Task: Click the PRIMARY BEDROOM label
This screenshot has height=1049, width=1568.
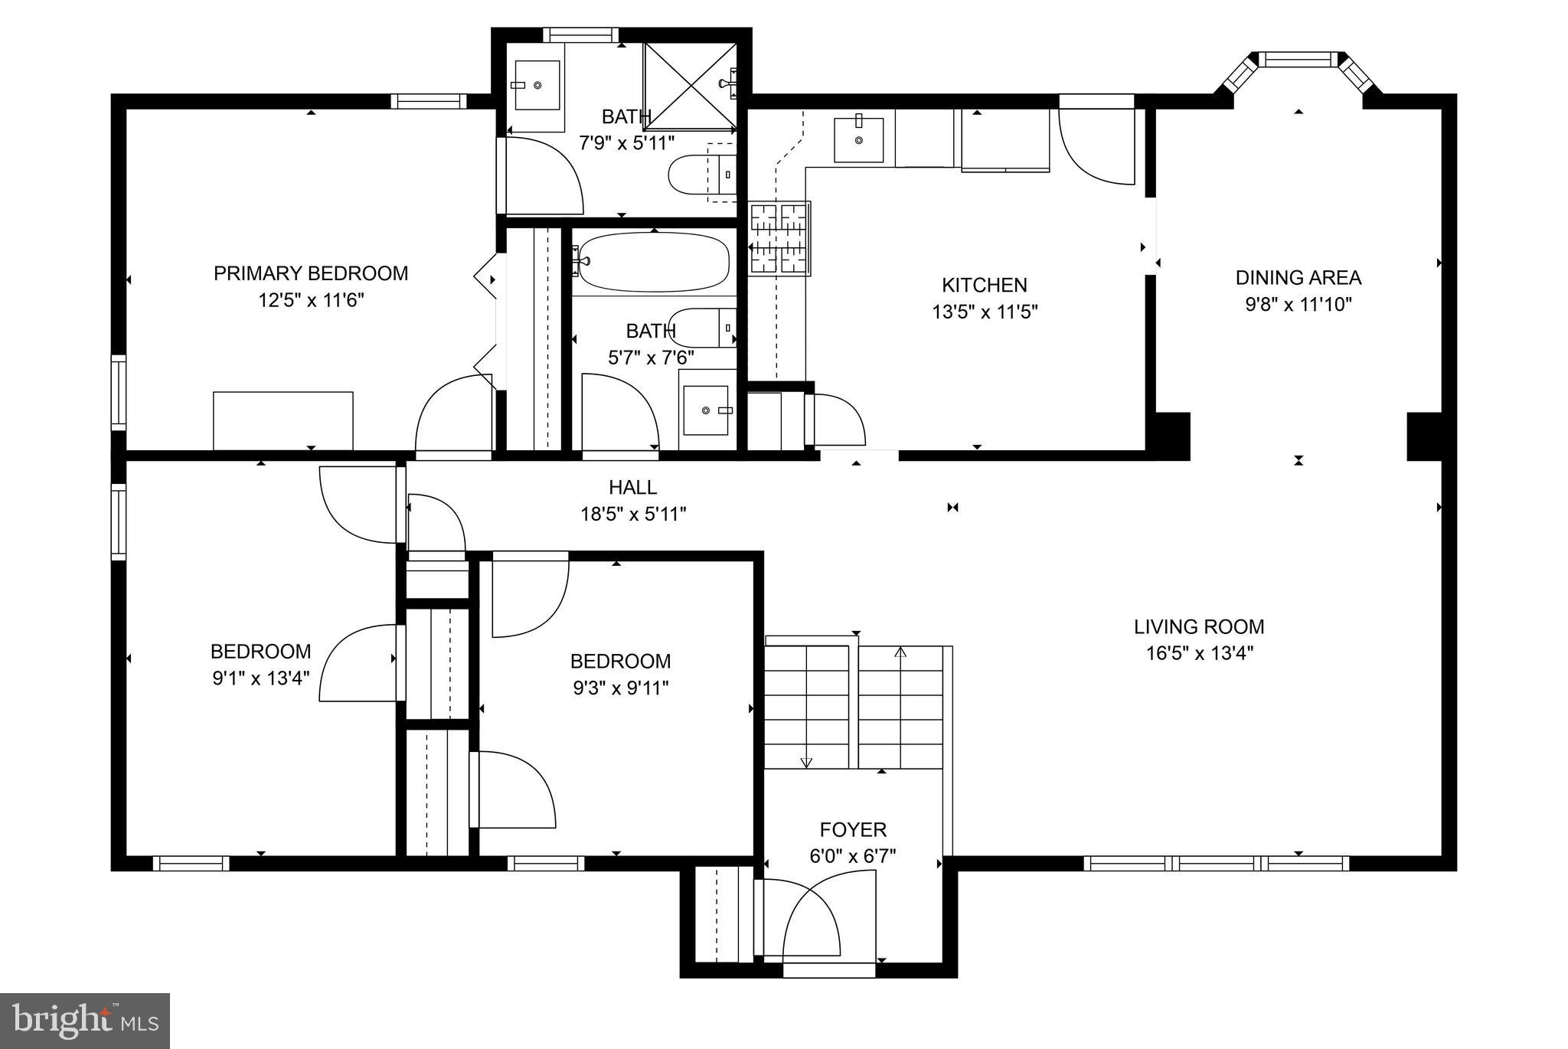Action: (x=310, y=273)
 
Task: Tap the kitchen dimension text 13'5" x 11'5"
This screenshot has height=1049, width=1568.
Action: (x=984, y=312)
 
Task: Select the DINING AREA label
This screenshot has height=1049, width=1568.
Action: (x=1298, y=277)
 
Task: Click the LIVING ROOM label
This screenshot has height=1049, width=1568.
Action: (x=1198, y=627)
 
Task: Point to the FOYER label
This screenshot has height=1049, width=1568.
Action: (x=853, y=829)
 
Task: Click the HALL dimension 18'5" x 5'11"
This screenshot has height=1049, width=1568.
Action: (x=632, y=514)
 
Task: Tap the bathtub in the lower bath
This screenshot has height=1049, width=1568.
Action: (x=652, y=262)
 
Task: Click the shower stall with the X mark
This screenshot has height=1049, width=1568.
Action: (x=690, y=84)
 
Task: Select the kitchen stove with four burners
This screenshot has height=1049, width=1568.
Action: (x=779, y=239)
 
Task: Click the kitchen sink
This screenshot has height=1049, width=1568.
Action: (x=858, y=140)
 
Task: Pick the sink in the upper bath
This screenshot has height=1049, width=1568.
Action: (x=537, y=84)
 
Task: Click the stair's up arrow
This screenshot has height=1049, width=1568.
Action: (x=900, y=653)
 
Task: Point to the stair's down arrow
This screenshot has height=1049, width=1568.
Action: (x=805, y=762)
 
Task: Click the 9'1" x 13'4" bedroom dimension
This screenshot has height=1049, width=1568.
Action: (x=260, y=678)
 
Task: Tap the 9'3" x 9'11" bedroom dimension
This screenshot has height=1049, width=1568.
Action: (x=620, y=688)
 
